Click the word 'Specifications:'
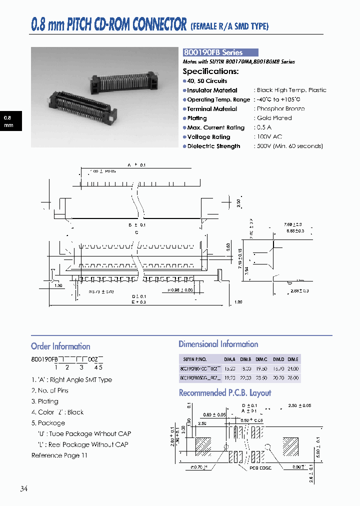[x=210, y=71]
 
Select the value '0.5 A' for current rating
[x=264, y=127]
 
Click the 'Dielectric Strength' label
[x=213, y=146]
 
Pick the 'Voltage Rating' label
[x=208, y=137]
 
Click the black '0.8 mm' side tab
[x=9, y=121]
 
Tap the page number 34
[x=24, y=489]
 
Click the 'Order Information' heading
[x=60, y=346]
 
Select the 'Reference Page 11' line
[x=59, y=455]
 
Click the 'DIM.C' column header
[x=261, y=359]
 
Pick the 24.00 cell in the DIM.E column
[x=292, y=368]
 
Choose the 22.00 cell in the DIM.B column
[x=245, y=378]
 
